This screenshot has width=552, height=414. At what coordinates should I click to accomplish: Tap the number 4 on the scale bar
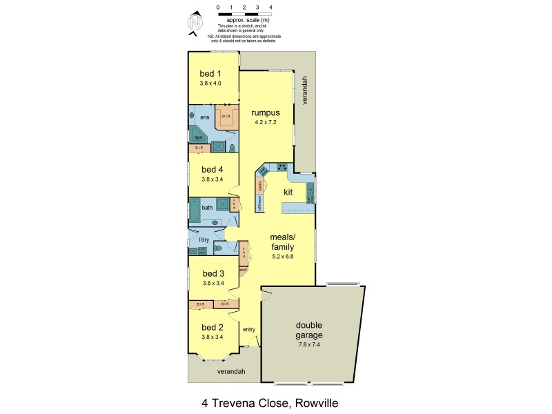(x=270, y=7)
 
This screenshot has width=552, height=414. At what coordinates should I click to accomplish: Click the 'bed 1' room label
(x=210, y=74)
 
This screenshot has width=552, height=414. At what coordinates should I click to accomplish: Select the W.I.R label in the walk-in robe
(x=226, y=116)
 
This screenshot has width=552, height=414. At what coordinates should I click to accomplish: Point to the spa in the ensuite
(x=197, y=137)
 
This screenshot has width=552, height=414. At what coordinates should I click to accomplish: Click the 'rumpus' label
(x=265, y=112)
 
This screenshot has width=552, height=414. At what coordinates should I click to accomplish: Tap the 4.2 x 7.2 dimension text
(x=265, y=122)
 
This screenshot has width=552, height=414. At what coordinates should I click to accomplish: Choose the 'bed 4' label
(x=212, y=169)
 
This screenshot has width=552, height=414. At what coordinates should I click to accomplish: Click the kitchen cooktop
(x=282, y=167)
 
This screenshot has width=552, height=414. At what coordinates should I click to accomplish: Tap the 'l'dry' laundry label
(x=204, y=239)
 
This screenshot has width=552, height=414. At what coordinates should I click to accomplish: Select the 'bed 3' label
(x=213, y=273)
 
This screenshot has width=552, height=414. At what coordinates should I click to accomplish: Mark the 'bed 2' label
(x=212, y=327)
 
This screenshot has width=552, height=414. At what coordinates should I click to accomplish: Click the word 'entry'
(x=249, y=329)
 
